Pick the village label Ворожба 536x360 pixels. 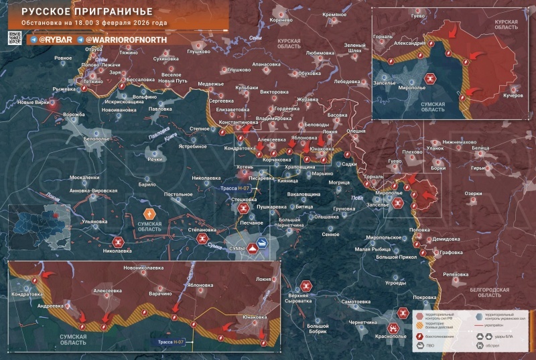74,115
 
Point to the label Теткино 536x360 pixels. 94,81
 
